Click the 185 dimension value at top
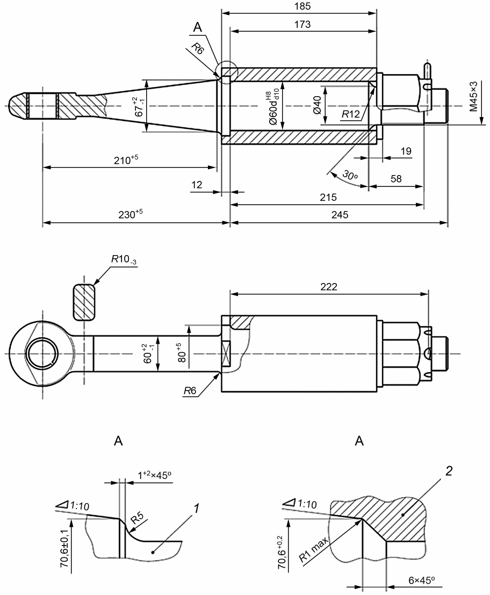302,6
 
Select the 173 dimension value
302,24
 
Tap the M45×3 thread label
474,96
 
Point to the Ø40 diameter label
317,105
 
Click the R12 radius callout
350,114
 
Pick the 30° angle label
350,175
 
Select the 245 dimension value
340,215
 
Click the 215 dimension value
328,197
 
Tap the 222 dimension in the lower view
328,287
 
